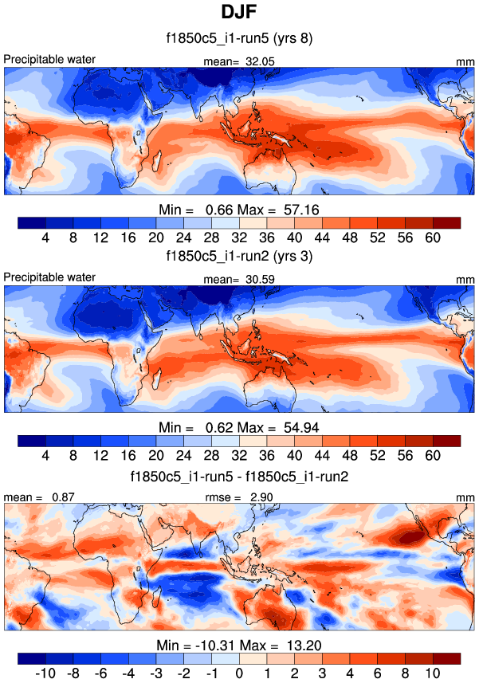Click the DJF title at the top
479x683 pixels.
(239, 14)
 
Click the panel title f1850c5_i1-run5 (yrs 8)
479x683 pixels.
(239, 39)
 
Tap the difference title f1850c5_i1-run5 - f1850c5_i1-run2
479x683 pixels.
(239, 476)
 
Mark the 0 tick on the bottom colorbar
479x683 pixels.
(239, 673)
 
